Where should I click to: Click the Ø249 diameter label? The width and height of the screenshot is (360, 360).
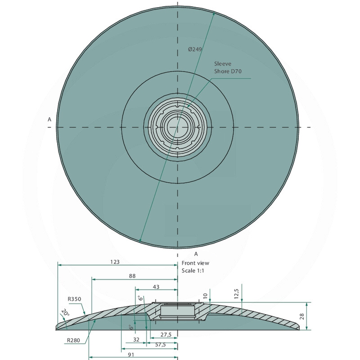click(x=195, y=49)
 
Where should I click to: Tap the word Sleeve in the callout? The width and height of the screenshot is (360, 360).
click(x=223, y=63)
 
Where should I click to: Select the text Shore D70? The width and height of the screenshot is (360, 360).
click(x=228, y=71)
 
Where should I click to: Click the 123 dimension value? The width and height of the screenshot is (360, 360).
click(x=115, y=262)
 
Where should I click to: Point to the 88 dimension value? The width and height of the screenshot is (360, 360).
click(x=132, y=276)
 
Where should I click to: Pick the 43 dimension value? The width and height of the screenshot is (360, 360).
click(x=156, y=287)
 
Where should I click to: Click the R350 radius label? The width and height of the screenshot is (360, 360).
click(x=74, y=299)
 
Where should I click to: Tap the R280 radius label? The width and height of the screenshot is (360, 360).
click(x=73, y=340)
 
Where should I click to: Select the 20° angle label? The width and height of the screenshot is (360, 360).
click(x=65, y=312)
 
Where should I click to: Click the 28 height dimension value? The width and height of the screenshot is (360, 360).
click(x=302, y=316)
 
